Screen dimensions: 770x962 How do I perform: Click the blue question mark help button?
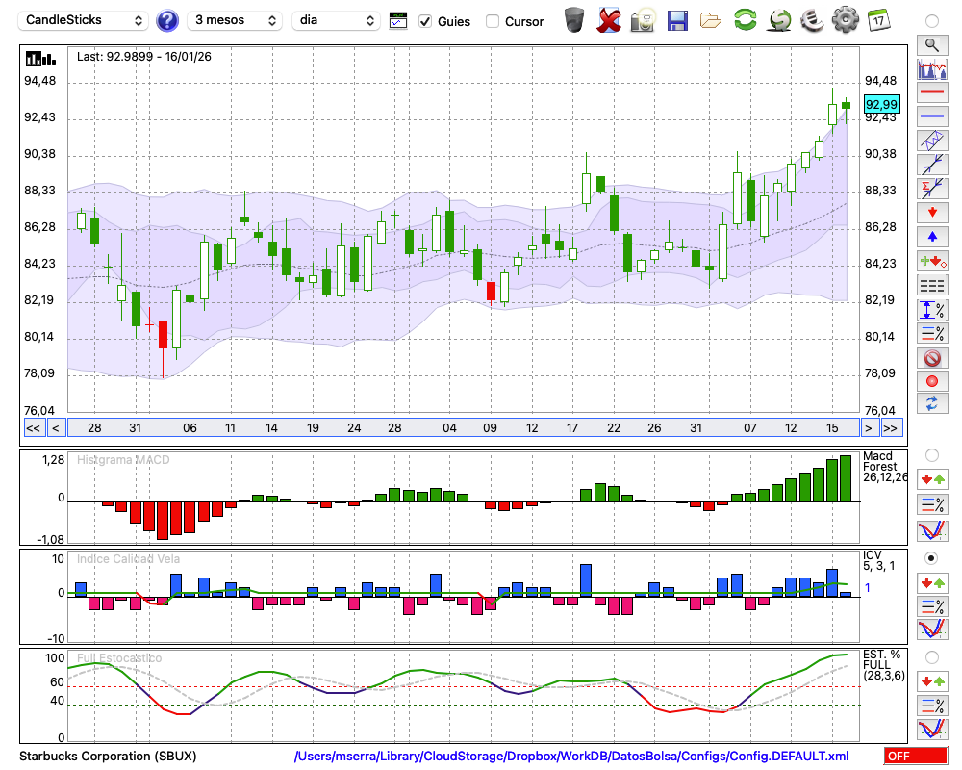point(167,20)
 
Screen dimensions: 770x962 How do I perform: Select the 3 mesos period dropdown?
point(236,20)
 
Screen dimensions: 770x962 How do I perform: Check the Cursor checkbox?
point(493,21)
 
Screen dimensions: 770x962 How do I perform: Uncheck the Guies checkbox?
point(425,21)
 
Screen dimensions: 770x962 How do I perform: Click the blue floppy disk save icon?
point(677,19)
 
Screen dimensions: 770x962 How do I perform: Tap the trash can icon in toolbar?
point(574,19)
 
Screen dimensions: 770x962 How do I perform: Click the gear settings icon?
point(845,19)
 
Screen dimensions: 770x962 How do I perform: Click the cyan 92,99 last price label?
point(881,104)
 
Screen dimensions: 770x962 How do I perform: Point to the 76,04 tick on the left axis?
point(40,410)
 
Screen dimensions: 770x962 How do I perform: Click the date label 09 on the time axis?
point(490,427)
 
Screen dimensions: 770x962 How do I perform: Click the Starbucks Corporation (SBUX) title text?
point(108,756)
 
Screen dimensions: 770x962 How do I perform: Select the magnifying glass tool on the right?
point(931,44)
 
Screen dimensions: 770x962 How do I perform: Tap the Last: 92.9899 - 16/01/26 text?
point(144,57)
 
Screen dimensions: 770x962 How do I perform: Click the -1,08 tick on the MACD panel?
point(48,539)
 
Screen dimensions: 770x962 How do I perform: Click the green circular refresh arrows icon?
point(744,19)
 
